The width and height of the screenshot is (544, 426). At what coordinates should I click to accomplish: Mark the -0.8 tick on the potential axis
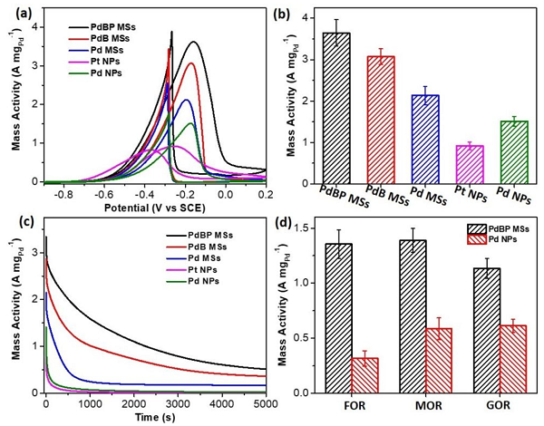[x=62, y=194]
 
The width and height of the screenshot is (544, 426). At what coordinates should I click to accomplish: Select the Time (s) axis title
[x=156, y=417]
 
